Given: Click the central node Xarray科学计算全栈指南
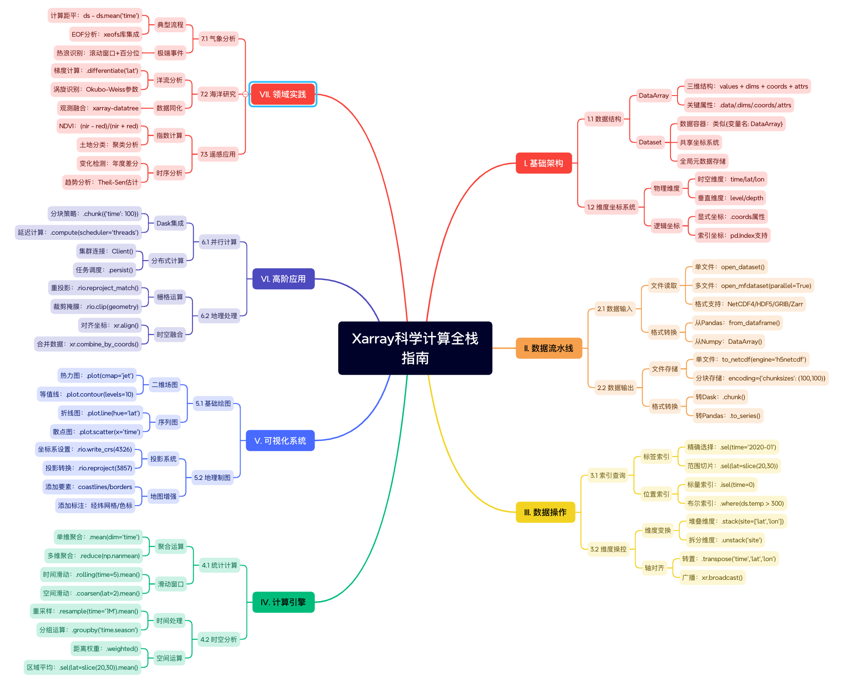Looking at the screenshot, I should tap(415, 348).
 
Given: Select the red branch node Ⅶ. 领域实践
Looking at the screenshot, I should tap(282, 94).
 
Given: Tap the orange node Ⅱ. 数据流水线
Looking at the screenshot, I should tap(548, 348).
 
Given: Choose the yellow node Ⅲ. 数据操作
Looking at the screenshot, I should tap(545, 512).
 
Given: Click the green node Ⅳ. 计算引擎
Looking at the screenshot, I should tap(283, 602).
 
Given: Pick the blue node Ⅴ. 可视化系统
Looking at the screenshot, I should tap(280, 441).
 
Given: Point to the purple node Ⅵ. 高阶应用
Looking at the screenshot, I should tap(283, 279).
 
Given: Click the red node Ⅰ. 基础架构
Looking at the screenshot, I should tap(543, 163).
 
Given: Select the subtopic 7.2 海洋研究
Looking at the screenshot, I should tap(218, 94).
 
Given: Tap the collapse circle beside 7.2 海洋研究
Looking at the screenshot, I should tap(245, 94).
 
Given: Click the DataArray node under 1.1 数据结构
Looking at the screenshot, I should tap(653, 96).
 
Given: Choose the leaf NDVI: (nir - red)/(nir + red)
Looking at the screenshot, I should tap(99, 126).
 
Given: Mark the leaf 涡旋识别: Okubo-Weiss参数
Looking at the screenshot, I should tap(96, 89).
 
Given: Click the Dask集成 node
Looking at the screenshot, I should tap(170, 223).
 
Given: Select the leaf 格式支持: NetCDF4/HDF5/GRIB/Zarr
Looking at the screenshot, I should tap(748, 304).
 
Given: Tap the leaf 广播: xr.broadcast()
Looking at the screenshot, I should tap(712, 578).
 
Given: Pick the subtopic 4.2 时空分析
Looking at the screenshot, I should tap(219, 640).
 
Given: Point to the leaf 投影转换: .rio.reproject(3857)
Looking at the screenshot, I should tap(89, 468).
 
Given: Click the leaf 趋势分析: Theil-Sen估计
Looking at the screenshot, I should tap(101, 182).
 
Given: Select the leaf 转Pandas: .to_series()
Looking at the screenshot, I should tap(727, 416).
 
